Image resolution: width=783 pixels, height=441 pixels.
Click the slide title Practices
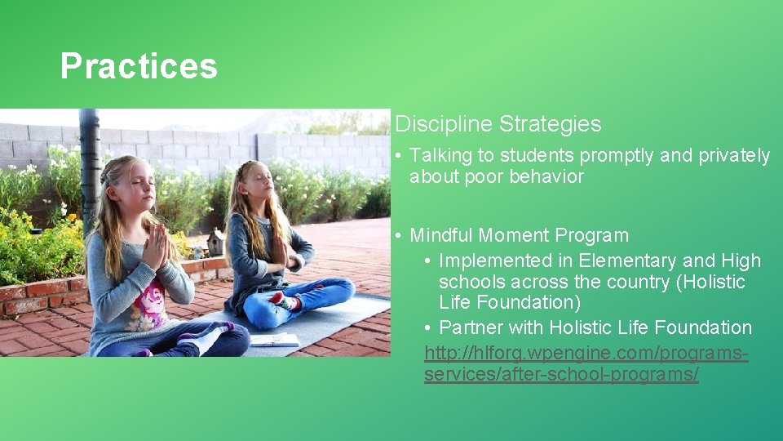click(139, 66)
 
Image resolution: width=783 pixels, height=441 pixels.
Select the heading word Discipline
click(444, 124)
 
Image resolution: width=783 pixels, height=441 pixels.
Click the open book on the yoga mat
click(274, 339)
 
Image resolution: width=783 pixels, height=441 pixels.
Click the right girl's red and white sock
click(282, 300)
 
